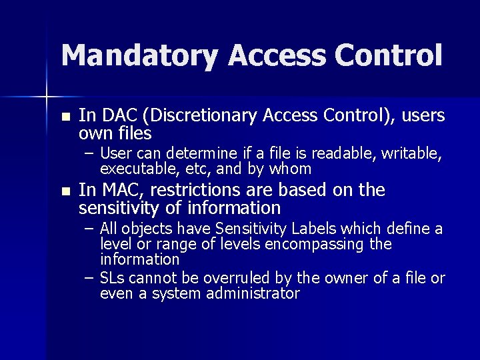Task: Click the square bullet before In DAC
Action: [x=65, y=117]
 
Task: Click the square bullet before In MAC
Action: [x=65, y=191]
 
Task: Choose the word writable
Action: [x=411, y=155]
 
